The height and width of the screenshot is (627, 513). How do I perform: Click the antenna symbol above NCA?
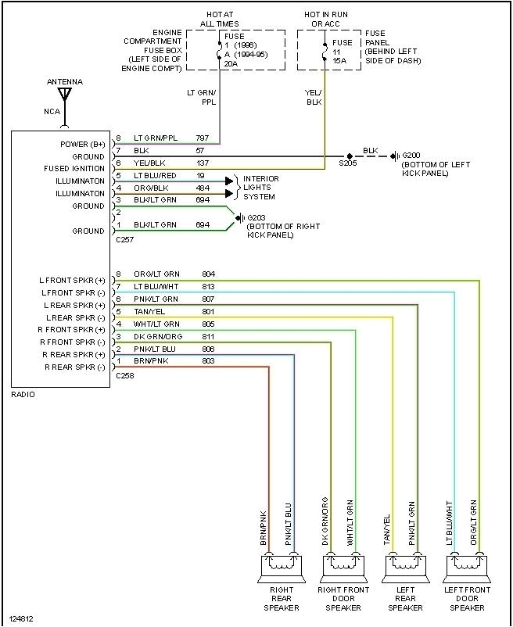coord(65,96)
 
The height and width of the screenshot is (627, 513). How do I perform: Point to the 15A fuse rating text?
coord(340,61)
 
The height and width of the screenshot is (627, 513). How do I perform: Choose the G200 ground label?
coord(411,156)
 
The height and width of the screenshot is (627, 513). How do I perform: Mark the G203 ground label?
coord(256,218)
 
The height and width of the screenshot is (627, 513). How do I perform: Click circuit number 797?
coord(202,138)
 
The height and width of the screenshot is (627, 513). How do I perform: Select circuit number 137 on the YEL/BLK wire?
coord(202,163)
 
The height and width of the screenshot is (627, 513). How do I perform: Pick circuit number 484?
coord(202,188)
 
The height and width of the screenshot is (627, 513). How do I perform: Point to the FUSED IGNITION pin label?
coord(73,169)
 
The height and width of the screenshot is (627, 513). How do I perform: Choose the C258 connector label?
coord(124,376)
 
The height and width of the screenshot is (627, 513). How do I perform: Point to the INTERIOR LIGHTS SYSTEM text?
coord(260,188)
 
